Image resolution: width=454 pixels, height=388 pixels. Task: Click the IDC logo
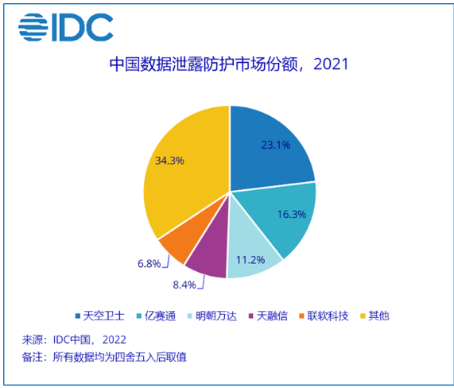65,27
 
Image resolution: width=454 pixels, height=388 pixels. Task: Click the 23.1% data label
275,145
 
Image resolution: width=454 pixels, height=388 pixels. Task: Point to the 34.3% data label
169,160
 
